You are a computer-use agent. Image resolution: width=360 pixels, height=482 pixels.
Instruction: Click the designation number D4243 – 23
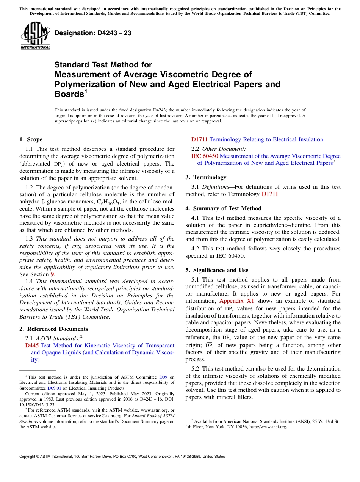point(93,33)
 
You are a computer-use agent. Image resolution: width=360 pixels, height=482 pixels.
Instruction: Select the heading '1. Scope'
point(31,139)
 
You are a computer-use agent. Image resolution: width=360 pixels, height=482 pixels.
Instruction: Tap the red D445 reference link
point(32,346)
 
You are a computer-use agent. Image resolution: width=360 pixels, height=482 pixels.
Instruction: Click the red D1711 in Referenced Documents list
point(199,139)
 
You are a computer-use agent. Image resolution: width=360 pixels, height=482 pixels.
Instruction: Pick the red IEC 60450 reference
point(205,156)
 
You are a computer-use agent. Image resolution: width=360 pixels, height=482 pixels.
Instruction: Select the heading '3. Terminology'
point(206,177)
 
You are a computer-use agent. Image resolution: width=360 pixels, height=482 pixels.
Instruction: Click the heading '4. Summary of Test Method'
point(223,208)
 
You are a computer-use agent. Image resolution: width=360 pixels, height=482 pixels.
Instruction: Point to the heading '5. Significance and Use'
point(217,270)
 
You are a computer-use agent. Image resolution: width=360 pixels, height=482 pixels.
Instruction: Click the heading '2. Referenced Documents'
point(53,329)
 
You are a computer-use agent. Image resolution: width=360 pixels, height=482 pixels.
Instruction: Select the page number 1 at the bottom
point(180,466)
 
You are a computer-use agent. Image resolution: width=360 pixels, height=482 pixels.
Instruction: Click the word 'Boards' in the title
point(68,94)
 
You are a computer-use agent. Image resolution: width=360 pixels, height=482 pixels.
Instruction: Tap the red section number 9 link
point(52,274)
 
